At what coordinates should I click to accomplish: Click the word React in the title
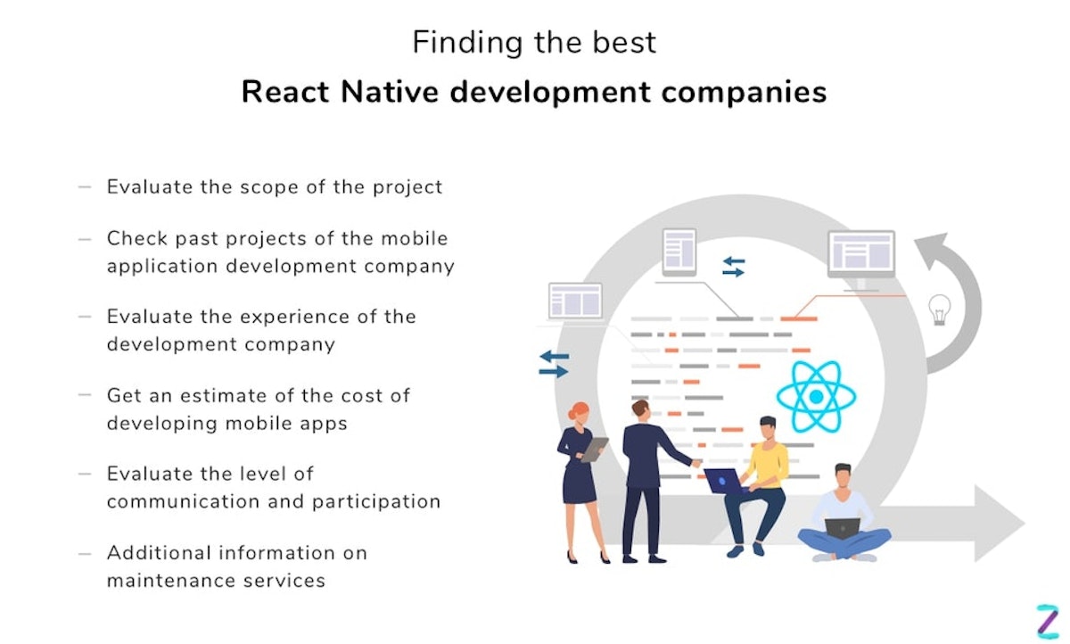(x=284, y=93)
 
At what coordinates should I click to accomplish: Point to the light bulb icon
(x=940, y=310)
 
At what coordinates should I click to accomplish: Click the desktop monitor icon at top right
(x=860, y=256)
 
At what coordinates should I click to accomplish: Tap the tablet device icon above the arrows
(x=679, y=251)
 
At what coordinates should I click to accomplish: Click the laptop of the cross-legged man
(x=842, y=528)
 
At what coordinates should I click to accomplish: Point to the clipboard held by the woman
(x=595, y=449)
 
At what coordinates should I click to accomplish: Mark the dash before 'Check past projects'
(x=85, y=239)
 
